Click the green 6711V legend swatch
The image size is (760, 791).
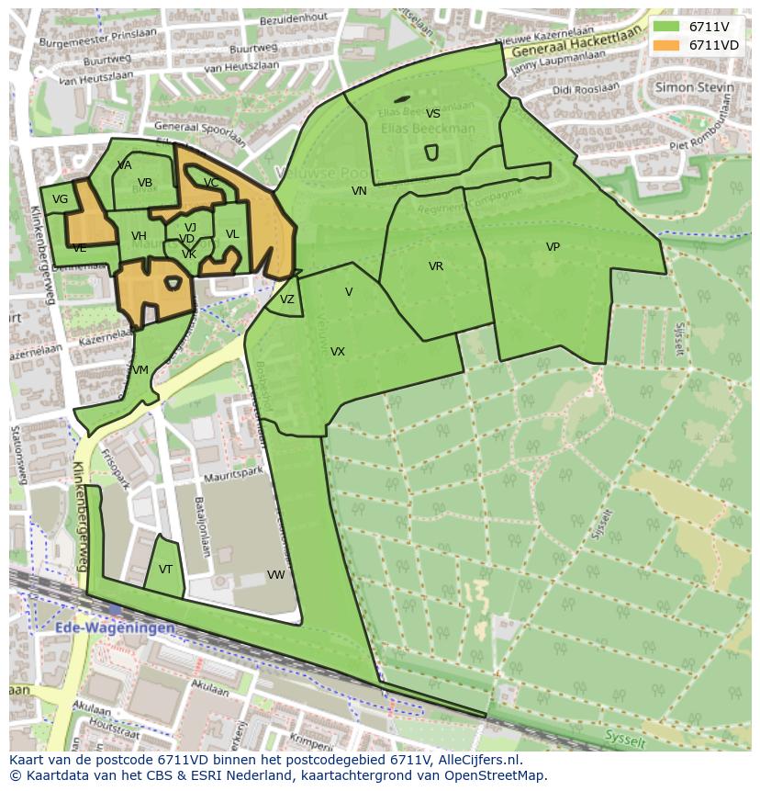tap(667, 27)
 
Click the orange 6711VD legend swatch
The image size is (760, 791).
tap(667, 45)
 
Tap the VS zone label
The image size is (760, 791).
tap(433, 114)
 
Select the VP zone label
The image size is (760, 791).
tap(553, 247)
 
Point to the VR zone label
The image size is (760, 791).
tap(436, 266)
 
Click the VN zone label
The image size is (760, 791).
tap(359, 191)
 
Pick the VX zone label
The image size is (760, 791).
tap(338, 352)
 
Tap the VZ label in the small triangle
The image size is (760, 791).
tap(287, 299)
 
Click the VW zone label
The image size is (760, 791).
tap(275, 575)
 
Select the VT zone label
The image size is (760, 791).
tap(165, 570)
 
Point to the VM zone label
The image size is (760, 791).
tap(140, 370)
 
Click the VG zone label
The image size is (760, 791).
tap(60, 199)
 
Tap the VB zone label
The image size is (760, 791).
tap(145, 183)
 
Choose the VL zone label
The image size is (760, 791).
tap(232, 234)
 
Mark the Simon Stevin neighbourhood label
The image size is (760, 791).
tap(695, 87)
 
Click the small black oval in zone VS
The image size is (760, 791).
tap(401, 99)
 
